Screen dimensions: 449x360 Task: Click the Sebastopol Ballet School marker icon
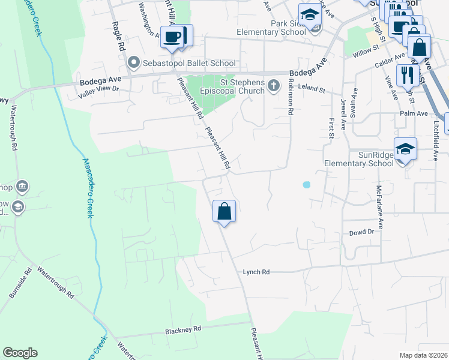pyautogui.click(x=133, y=62)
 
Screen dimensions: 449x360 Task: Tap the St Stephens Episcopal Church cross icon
pyautogui.click(x=274, y=86)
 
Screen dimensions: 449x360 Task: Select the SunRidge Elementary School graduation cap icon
pyautogui.click(x=405, y=148)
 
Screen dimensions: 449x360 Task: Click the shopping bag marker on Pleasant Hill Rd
pyautogui.click(x=224, y=211)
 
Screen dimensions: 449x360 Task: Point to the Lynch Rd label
pyautogui.click(x=255, y=272)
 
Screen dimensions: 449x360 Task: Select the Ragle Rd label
pyautogui.click(x=118, y=37)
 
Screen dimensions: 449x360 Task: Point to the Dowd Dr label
pyautogui.click(x=362, y=232)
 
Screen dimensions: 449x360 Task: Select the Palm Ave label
pyautogui.click(x=414, y=113)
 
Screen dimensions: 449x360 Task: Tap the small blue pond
pyautogui.click(x=307, y=185)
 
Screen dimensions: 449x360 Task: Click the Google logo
pyautogui.click(x=20, y=353)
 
